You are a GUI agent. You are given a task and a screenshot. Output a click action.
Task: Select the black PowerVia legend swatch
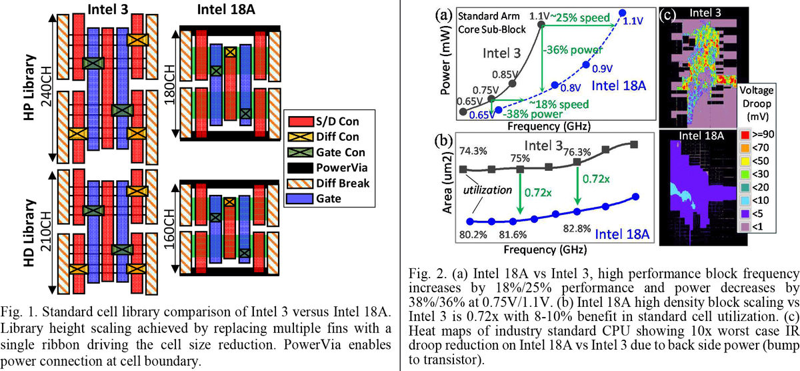[299, 167]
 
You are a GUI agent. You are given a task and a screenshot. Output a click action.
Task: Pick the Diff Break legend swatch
[299, 182]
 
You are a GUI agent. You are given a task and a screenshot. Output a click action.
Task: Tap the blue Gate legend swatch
[299, 197]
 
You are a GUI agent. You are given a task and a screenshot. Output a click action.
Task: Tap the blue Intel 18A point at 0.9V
[585, 64]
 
